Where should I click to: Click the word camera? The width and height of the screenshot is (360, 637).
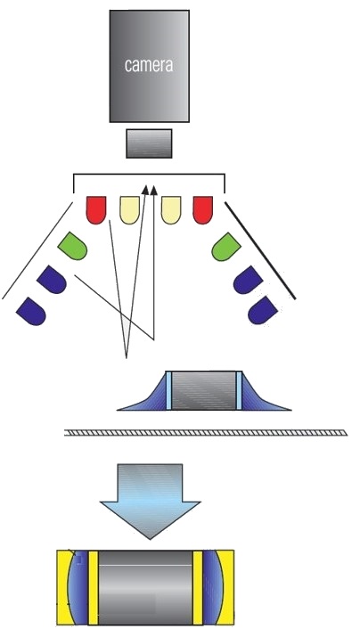149,65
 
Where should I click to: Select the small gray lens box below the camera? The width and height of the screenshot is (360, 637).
149,143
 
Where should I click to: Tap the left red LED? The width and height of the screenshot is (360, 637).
96,210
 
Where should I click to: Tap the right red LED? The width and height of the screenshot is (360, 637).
203,210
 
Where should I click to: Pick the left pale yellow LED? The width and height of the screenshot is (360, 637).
129,210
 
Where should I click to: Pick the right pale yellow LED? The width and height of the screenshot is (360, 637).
171,210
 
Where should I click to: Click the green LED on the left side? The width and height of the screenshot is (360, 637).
72,246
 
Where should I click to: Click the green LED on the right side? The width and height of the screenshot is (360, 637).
226,247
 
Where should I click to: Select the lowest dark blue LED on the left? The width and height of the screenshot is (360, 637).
31,311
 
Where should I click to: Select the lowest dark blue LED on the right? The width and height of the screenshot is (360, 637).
263,310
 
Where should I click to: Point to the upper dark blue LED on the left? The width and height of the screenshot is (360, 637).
51,279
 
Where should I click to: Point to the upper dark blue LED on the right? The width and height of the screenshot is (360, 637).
248,280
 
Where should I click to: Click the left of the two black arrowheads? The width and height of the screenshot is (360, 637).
145,190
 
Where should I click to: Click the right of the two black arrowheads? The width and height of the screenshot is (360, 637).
153,190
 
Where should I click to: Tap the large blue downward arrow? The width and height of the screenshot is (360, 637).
150,502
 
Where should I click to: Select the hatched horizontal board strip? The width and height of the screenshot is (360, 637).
206,433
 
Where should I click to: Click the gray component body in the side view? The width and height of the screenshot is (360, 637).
203,390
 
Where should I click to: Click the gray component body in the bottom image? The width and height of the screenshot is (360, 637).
145,587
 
